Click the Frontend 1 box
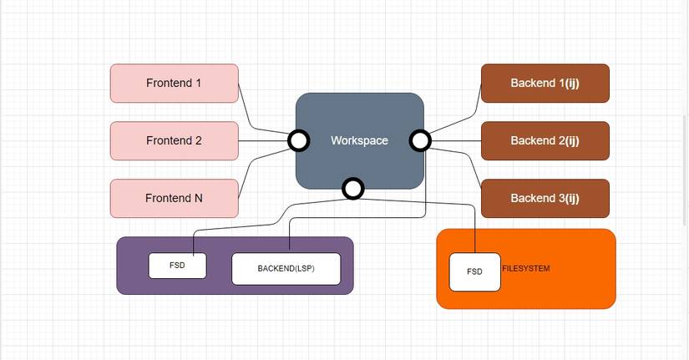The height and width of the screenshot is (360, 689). click(174, 84)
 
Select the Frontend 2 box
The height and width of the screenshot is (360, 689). click(174, 140)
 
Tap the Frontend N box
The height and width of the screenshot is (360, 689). click(174, 198)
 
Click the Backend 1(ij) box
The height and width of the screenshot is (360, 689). click(545, 84)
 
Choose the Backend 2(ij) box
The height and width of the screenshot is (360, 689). click(545, 140)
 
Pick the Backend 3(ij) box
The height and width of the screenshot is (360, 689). click(545, 198)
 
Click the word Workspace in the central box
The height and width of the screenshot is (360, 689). click(359, 140)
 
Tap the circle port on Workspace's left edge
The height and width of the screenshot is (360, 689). click(298, 140)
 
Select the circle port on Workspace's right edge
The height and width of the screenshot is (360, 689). click(420, 140)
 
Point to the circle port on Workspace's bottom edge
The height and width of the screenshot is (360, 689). click(353, 189)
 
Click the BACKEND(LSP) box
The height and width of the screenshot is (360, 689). click(286, 268)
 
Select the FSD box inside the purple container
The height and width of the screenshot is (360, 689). click(177, 265)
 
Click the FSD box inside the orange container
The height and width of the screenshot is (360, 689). click(474, 271)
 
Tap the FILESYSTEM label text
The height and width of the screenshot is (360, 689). click(526, 268)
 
